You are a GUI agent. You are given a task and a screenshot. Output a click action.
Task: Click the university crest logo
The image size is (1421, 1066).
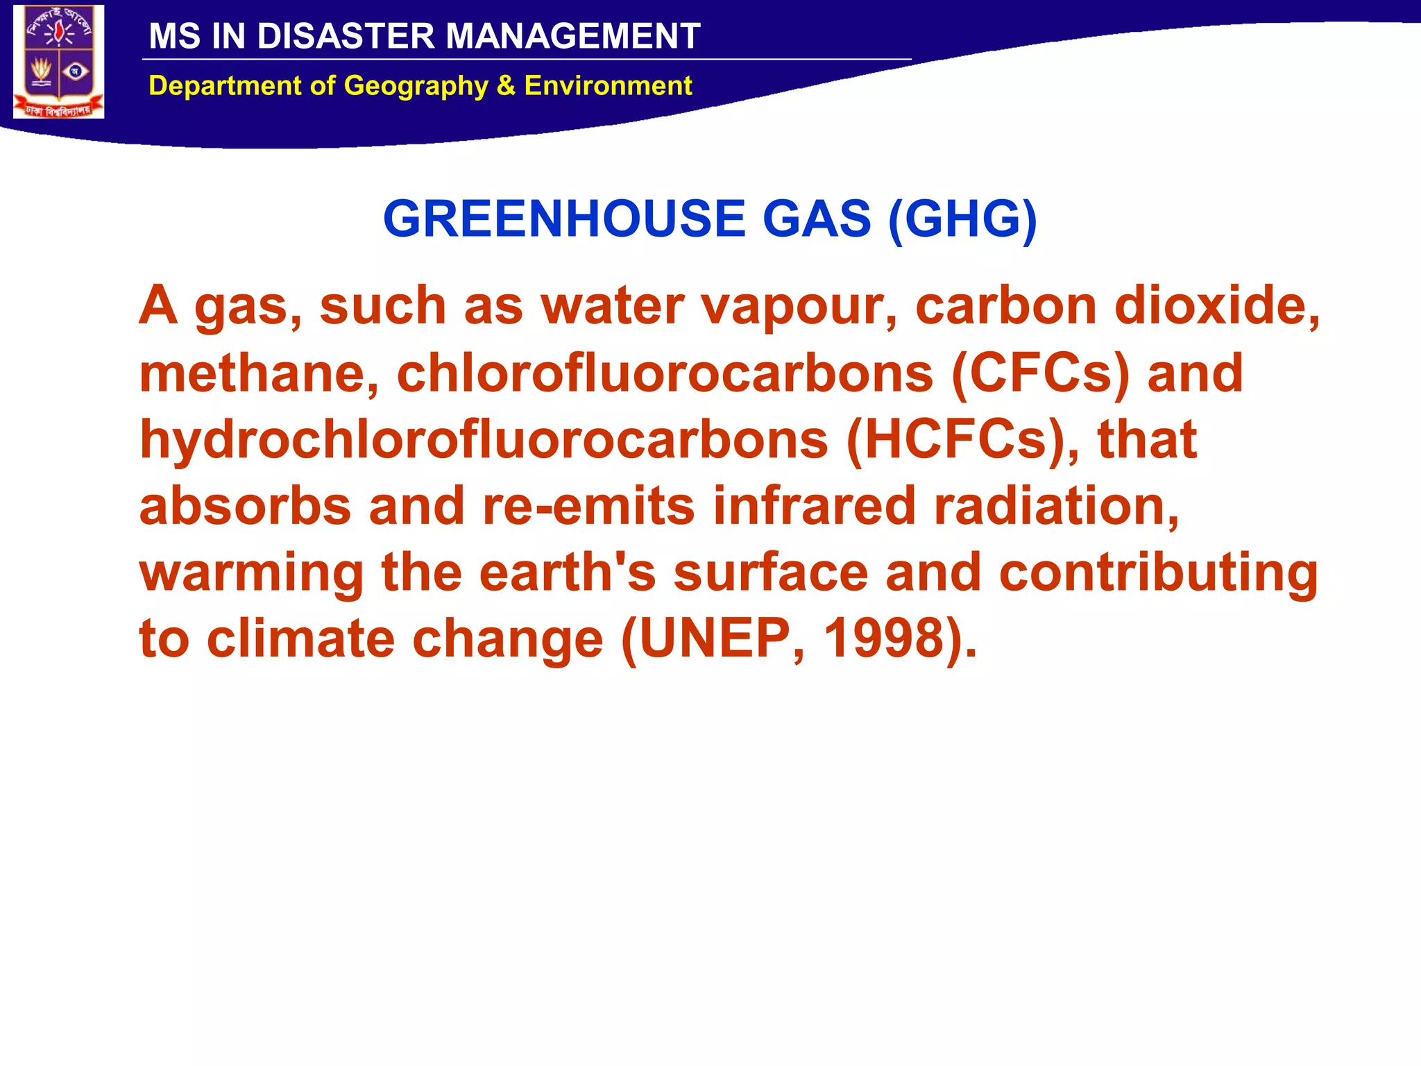tap(59, 62)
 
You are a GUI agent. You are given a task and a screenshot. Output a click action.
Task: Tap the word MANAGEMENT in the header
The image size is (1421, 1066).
tap(572, 36)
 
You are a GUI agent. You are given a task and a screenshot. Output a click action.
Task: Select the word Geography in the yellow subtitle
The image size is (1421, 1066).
tap(416, 86)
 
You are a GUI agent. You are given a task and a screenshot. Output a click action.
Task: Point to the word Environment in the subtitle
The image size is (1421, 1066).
tap(608, 86)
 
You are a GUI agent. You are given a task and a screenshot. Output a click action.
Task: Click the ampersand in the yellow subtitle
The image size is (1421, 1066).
tap(506, 86)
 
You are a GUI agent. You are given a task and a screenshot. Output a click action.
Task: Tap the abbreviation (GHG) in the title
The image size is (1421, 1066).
tap(962, 219)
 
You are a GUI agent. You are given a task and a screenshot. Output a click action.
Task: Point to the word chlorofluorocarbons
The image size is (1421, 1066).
tap(665, 373)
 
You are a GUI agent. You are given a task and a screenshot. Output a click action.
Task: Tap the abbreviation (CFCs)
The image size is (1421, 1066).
tap(1041, 373)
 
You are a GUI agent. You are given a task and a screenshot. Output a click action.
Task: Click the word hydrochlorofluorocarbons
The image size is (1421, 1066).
tap(484, 440)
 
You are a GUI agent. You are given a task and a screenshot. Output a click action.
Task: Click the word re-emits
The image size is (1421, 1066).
tap(588, 506)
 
